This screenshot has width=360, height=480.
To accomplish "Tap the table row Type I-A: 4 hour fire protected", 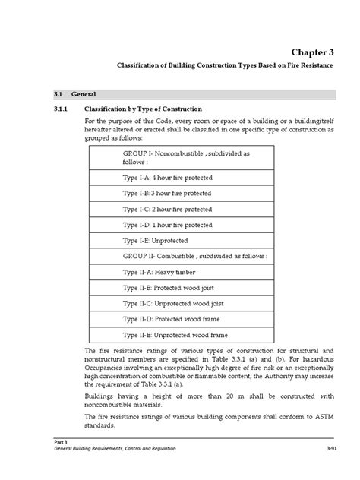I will point(167,178).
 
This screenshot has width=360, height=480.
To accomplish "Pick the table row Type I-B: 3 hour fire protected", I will point(167,193).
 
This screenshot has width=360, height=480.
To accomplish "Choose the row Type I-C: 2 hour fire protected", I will point(167,209).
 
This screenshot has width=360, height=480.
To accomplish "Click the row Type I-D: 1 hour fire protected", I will point(167,225).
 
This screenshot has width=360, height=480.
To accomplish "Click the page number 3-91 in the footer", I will point(346,448).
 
